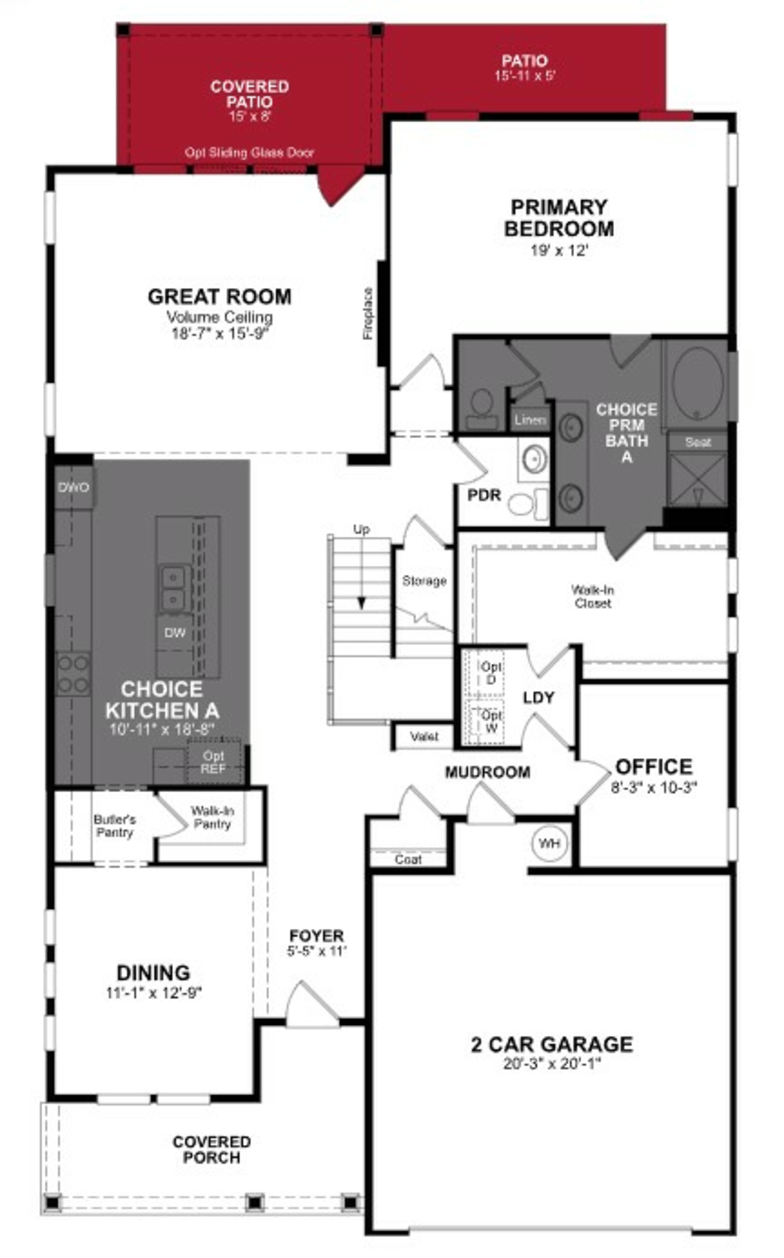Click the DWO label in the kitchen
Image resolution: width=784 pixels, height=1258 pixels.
(74, 487)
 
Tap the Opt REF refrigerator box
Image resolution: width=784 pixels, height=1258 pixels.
(213, 762)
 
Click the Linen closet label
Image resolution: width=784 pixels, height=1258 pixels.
(529, 420)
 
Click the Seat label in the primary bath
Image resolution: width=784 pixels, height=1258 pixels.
(697, 442)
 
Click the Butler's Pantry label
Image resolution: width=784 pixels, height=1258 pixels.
(115, 826)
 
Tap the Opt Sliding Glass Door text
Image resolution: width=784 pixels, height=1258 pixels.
(249, 153)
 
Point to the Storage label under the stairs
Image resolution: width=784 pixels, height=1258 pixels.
(424, 581)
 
